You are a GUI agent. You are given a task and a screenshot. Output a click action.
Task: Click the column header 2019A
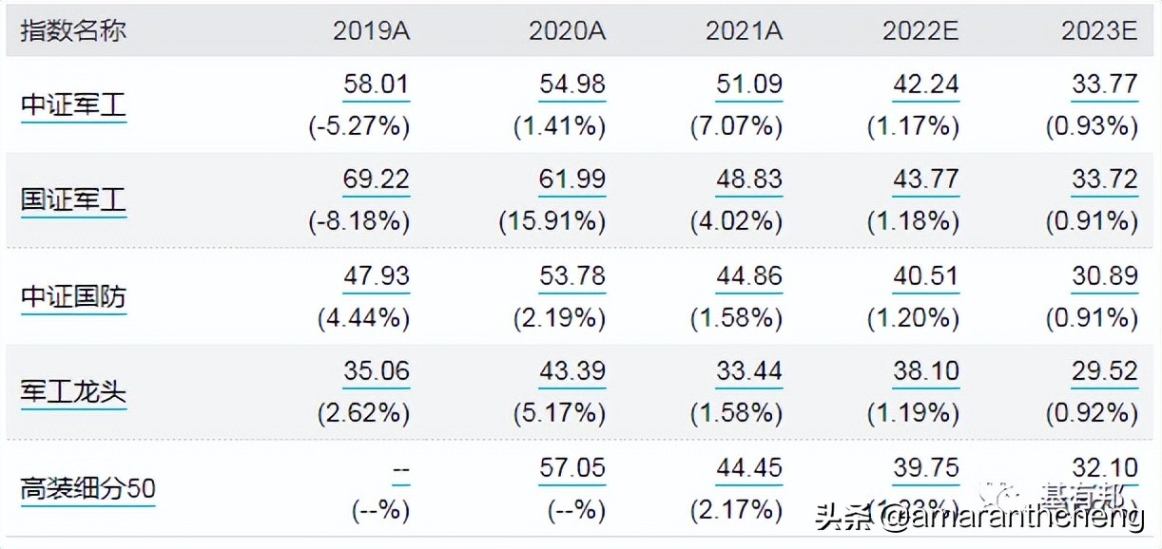click(x=371, y=30)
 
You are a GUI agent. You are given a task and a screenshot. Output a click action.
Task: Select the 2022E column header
click(x=920, y=30)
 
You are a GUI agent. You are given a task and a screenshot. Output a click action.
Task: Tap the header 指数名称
click(x=73, y=30)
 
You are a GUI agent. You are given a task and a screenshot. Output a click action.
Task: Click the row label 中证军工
click(x=73, y=104)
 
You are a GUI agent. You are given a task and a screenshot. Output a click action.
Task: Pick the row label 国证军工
click(x=73, y=200)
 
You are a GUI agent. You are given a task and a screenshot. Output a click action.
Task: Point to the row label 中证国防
click(x=73, y=297)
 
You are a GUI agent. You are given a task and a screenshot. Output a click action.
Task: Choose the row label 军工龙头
click(x=73, y=392)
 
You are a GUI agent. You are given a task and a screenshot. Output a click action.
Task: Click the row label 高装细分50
click(x=87, y=488)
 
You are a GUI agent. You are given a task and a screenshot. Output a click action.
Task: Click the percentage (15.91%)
click(x=552, y=221)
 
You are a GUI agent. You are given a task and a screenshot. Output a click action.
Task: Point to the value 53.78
click(x=571, y=276)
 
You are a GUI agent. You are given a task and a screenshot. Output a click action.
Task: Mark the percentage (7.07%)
click(x=737, y=126)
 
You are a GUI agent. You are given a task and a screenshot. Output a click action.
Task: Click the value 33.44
click(x=748, y=371)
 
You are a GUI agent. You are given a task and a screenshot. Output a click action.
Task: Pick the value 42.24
click(x=925, y=85)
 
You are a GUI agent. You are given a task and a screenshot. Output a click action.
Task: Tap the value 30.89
click(x=1104, y=276)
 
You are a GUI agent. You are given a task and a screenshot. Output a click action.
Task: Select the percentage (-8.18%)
click(x=358, y=221)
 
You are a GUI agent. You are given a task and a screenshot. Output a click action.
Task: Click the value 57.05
click(x=571, y=467)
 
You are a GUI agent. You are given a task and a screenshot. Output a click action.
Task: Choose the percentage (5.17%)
click(x=559, y=413)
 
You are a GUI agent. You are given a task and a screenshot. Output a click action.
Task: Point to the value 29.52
click(x=1104, y=371)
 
